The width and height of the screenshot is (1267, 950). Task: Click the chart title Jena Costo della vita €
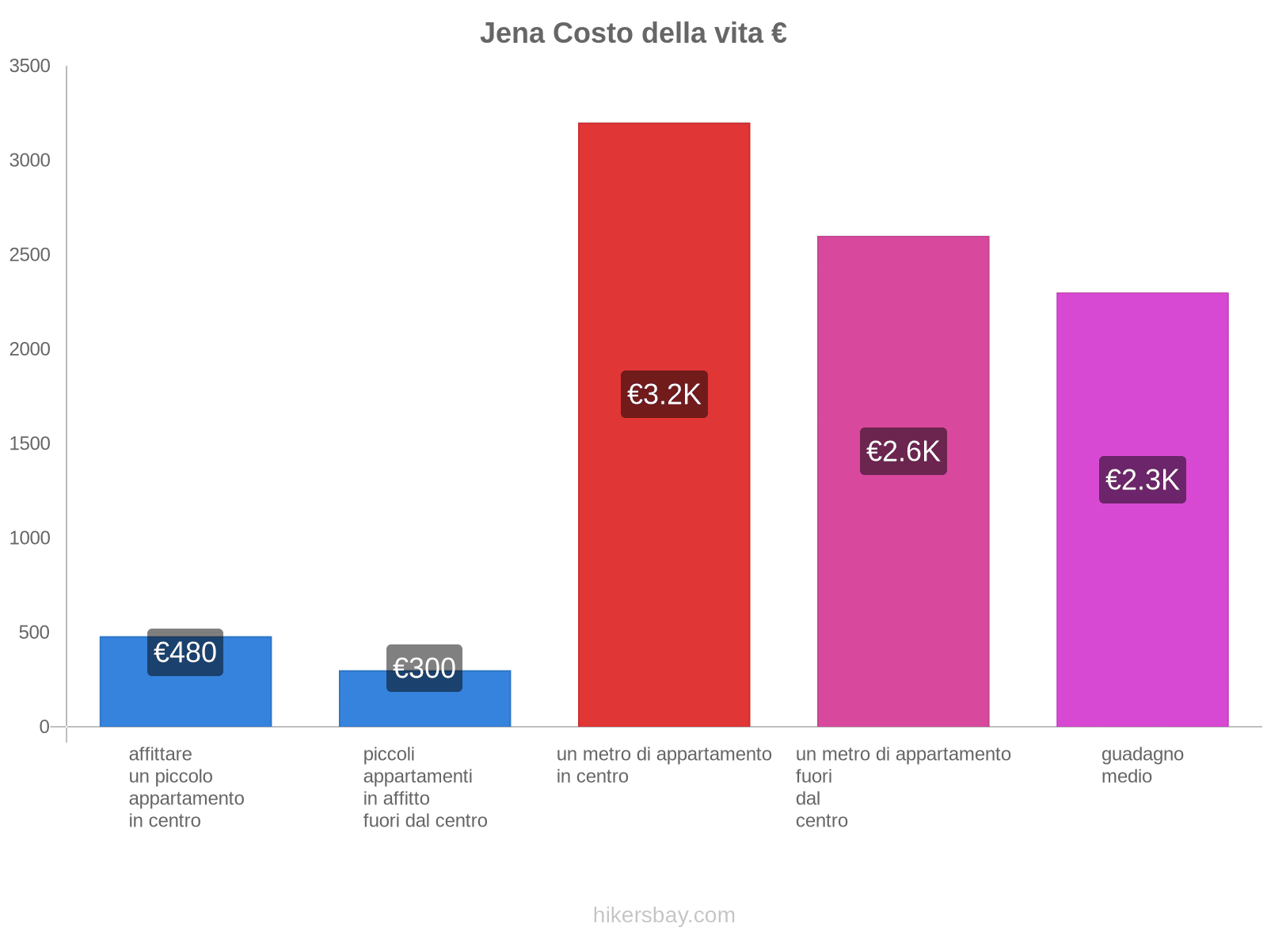[633, 33]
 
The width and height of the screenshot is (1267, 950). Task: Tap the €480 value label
[185, 652]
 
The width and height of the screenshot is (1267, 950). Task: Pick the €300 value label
[424, 668]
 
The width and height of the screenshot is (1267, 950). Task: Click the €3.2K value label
[664, 394]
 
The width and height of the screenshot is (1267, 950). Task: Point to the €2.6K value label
[903, 451]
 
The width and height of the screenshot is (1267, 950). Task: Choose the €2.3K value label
[1142, 480]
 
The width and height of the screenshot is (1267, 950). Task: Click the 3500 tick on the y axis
[30, 66]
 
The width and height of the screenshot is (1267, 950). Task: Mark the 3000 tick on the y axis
[30, 161]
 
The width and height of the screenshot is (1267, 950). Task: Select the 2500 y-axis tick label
[30, 255]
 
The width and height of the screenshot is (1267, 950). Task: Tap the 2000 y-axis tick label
[30, 349]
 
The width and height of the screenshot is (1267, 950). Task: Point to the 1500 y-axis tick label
[30, 443]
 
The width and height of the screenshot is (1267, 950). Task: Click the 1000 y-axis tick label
[30, 538]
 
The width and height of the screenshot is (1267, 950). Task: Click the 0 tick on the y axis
[44, 727]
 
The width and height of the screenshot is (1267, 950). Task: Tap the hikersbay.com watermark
[664, 915]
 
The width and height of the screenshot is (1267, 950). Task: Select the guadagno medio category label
[1142, 765]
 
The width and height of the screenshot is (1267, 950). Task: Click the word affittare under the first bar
[160, 754]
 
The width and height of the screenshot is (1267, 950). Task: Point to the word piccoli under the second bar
[389, 754]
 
